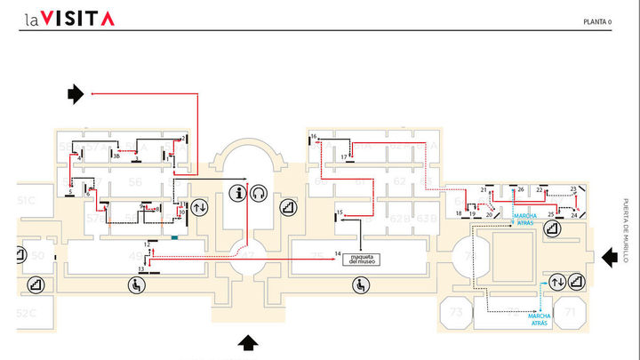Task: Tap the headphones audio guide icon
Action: click(x=260, y=193)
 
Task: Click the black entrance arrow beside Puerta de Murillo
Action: click(x=610, y=257)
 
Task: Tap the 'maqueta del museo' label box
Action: click(x=361, y=258)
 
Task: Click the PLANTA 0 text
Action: click(x=597, y=22)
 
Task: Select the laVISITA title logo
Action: click(x=69, y=18)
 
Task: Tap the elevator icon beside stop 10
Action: click(x=199, y=207)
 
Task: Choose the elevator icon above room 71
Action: click(x=558, y=282)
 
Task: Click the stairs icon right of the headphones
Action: click(x=287, y=207)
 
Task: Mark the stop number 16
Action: click(x=313, y=136)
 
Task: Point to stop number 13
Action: click(x=140, y=268)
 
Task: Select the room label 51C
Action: click(x=26, y=201)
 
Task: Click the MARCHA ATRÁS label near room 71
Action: click(x=541, y=318)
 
